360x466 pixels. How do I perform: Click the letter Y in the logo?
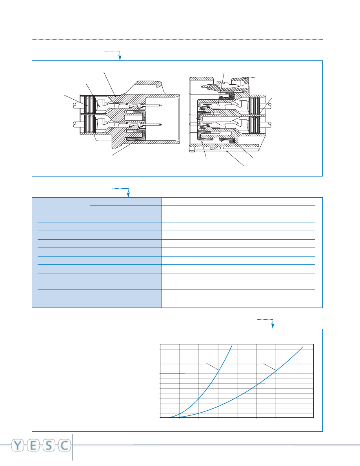18,446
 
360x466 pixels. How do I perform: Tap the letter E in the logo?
33,446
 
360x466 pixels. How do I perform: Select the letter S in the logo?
49,446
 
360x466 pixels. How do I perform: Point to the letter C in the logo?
64,446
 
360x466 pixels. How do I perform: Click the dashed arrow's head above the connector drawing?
120,58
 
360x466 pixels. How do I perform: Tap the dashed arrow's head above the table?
128,195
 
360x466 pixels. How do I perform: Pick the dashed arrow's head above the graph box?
273,326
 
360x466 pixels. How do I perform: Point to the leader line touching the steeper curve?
212,366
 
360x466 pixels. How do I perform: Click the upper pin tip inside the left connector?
160,105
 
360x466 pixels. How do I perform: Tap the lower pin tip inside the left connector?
160,124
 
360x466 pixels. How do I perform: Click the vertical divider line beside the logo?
73,447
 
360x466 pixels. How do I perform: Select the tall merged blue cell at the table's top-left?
61,210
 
